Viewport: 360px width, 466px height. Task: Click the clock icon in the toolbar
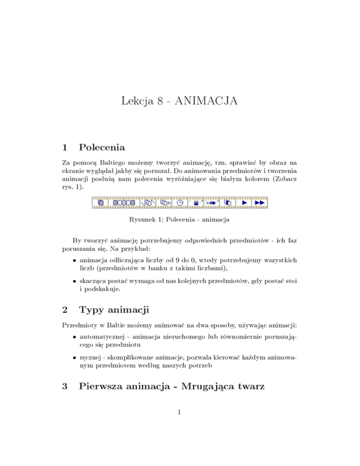(180, 203)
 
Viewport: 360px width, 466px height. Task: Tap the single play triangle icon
(244, 203)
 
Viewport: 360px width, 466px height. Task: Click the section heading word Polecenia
(102, 148)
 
